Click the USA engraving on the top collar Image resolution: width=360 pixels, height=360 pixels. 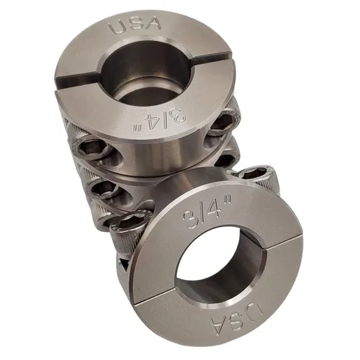coord(135,25)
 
